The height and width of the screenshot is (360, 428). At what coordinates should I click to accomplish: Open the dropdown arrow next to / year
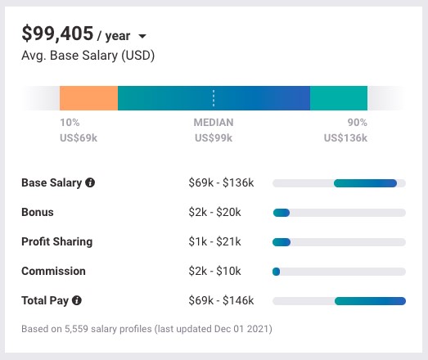pos(142,37)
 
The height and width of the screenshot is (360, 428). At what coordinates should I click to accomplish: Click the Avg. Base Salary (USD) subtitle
pos(88,56)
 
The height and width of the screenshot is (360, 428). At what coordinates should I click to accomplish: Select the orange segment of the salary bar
pos(88,98)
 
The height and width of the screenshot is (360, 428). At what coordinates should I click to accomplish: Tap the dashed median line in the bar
pos(214,98)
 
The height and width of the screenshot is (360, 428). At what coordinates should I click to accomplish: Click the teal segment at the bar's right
pos(338,98)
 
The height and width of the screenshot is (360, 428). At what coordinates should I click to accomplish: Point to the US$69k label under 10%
pos(80,137)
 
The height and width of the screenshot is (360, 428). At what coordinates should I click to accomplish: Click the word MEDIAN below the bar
pos(214,123)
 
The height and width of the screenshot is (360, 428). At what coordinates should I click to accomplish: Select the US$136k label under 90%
pos(345,137)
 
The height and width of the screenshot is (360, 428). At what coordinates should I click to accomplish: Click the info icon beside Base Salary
pos(90,183)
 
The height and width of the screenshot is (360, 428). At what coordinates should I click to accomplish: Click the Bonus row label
pos(37,213)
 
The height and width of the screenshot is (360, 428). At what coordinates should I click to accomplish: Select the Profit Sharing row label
pos(56,242)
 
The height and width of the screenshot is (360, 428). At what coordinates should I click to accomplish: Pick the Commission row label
pos(53,272)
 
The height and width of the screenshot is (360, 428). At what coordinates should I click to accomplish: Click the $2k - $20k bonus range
pos(214,213)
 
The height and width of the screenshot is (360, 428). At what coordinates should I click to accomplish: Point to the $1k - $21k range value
pos(214,242)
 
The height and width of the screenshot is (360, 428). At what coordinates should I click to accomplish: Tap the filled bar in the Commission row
pos(277,272)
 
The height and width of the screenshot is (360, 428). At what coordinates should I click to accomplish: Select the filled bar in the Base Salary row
pos(365,183)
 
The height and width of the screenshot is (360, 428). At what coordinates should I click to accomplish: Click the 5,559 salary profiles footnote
pos(146,329)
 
